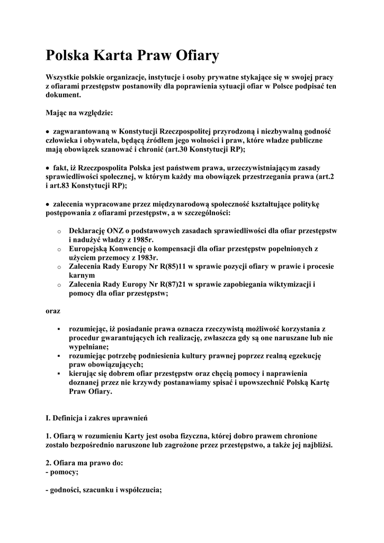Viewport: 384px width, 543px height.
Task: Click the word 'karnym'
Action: coord(82,275)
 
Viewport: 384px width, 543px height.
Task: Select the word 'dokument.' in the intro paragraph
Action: coord(64,94)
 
